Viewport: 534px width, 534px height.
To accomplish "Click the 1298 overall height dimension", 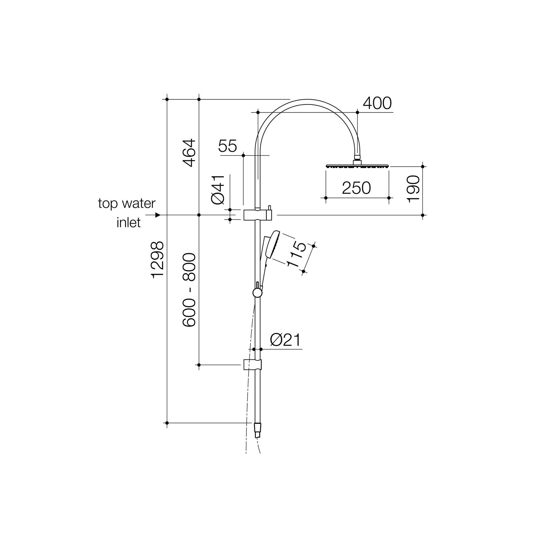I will tap(158, 260).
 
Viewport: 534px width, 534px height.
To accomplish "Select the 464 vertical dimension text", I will tap(189, 153).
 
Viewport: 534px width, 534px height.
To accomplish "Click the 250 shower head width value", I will tap(356, 188).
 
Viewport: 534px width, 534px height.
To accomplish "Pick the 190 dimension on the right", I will tap(413, 189).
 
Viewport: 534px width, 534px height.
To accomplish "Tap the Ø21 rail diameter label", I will tap(285, 341).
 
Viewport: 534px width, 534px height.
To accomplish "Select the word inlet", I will tap(128, 222).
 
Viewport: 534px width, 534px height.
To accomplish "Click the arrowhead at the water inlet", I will tap(157, 215).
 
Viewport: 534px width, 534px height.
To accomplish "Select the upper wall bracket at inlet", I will tap(257, 215).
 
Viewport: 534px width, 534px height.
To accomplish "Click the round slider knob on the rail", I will tap(256, 292).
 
